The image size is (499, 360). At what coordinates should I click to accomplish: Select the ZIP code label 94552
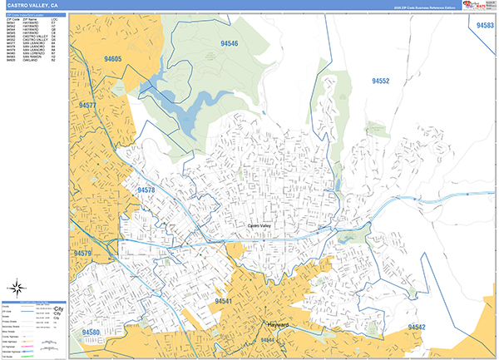click(380, 81)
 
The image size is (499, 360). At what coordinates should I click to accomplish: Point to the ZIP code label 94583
click(485, 26)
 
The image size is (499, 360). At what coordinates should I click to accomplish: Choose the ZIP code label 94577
click(87, 106)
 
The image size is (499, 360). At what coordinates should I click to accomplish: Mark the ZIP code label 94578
click(146, 190)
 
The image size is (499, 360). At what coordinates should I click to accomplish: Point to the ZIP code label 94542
click(416, 328)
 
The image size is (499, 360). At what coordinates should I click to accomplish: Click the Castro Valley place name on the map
click(260, 225)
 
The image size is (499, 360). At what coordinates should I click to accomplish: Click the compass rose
click(17, 288)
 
